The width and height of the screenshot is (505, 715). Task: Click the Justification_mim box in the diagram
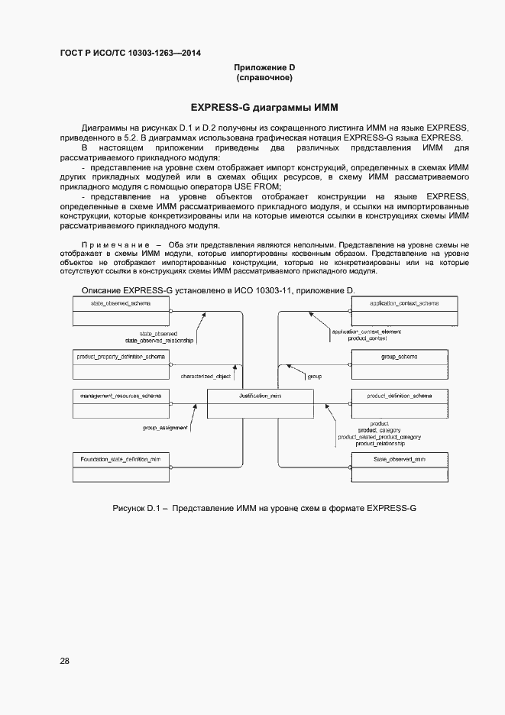coord(261,403)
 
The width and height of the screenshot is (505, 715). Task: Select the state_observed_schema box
coord(121,312)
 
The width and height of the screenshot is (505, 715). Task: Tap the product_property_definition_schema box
coord(121,364)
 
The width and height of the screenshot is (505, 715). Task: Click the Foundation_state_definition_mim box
coord(121,466)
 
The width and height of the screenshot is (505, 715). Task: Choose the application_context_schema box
coord(404,312)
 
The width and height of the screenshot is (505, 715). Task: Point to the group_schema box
coord(404,364)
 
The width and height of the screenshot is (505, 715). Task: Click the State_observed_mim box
coord(404,466)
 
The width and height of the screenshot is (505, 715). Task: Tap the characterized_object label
coord(206,377)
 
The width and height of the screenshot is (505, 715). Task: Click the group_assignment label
coord(166,428)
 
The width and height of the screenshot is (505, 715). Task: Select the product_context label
coord(368,338)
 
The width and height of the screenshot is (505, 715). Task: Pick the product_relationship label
coord(379,443)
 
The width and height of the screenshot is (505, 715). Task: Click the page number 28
coord(65,661)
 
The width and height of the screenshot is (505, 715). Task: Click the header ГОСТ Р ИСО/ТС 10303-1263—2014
coord(131,53)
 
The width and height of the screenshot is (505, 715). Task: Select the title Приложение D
coord(264,68)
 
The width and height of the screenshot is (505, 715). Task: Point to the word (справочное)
coord(264,78)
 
